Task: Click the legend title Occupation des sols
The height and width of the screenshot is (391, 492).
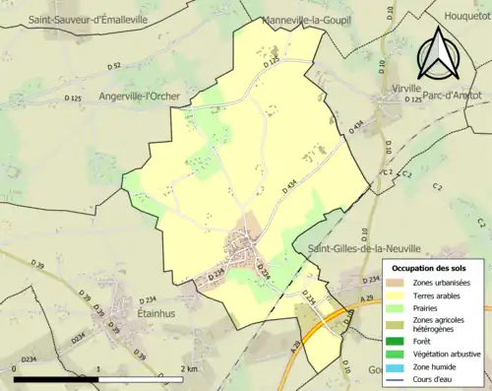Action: tap(431, 268)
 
